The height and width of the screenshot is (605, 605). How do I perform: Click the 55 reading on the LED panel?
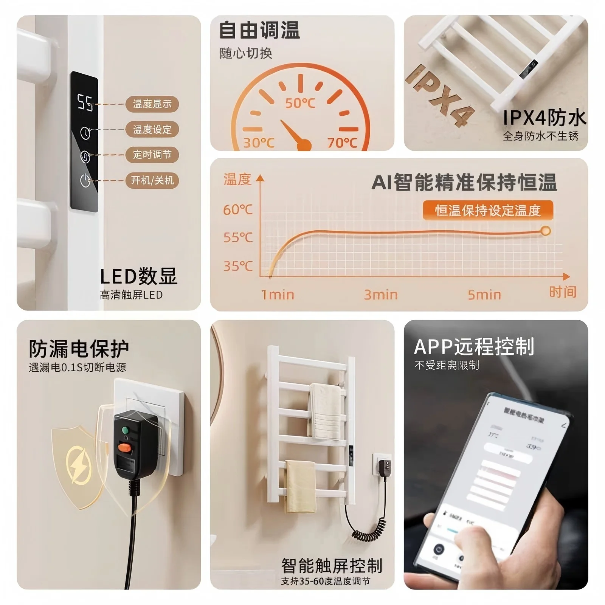pyautogui.click(x=85, y=102)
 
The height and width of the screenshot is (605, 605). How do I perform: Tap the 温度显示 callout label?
pyautogui.click(x=152, y=104)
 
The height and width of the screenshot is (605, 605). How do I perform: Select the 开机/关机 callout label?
pyautogui.click(x=152, y=180)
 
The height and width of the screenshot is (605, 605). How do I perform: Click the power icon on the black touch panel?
pyautogui.click(x=85, y=180)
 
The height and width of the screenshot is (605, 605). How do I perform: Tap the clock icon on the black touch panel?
pyautogui.click(x=85, y=133)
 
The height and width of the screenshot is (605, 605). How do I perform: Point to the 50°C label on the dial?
pyautogui.click(x=300, y=103)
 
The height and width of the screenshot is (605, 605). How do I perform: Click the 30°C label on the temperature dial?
pyautogui.click(x=259, y=143)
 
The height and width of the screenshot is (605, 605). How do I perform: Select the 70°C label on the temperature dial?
pyautogui.click(x=342, y=143)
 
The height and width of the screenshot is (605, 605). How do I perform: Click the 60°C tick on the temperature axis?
pyautogui.click(x=237, y=209)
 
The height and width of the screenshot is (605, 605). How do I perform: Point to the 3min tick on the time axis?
pyautogui.click(x=381, y=295)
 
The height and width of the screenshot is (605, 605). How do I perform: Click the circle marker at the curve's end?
pyautogui.click(x=545, y=231)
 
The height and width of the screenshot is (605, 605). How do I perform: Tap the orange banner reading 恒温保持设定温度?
pyautogui.click(x=488, y=211)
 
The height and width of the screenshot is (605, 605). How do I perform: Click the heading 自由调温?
pyautogui.click(x=259, y=30)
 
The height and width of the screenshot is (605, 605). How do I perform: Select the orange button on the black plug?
pyautogui.click(x=124, y=448)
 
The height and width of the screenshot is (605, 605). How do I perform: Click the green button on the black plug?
pyautogui.click(x=125, y=430)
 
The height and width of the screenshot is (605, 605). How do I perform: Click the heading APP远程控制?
pyautogui.click(x=474, y=346)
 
